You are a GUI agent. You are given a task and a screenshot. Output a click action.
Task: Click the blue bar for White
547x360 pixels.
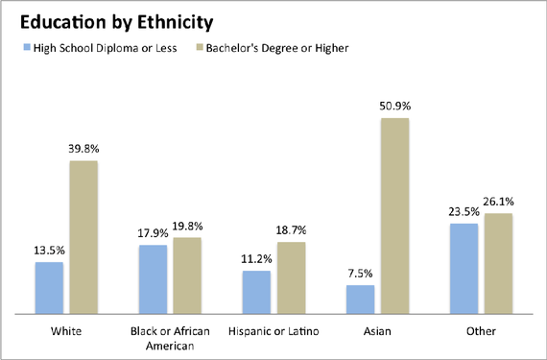tap(49, 287)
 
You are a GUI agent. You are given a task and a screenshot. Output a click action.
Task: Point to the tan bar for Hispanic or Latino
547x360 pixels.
tap(291, 277)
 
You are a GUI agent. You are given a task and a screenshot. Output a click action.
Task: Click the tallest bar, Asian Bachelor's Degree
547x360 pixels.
tap(394, 215)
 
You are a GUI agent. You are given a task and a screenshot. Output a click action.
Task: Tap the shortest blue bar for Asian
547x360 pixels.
tap(360, 299)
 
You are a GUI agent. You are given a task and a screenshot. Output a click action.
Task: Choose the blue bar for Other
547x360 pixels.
tap(464, 268)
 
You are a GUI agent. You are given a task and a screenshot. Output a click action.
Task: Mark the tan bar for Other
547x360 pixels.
tap(498, 263)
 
